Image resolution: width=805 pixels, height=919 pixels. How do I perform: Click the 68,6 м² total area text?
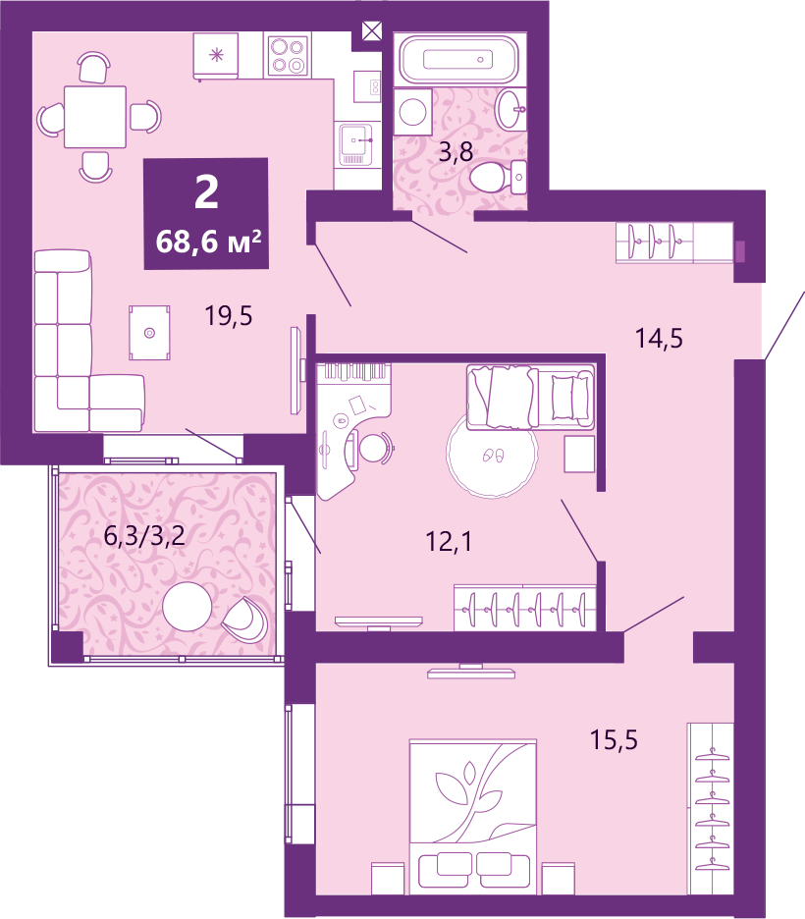pos(208,241)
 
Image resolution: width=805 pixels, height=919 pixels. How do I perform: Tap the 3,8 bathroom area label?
pos(456,152)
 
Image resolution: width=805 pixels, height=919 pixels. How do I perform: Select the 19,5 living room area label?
pos(229,316)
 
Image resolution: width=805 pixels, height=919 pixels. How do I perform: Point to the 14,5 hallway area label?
pos(659,339)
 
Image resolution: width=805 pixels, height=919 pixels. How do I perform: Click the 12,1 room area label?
pos(449,542)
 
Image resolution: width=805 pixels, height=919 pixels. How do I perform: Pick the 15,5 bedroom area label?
pos(614,739)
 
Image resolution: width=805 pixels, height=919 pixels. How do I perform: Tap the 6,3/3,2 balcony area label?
pos(144,535)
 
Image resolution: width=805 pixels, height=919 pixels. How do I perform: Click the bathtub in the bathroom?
pos(458,59)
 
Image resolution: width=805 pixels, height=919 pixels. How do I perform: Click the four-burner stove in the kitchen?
pos(288,56)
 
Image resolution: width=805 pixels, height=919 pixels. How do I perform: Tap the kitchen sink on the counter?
pos(355,143)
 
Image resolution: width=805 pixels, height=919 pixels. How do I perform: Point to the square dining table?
pos(95,117)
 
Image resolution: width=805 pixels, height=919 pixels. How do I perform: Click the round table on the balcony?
pos(187,607)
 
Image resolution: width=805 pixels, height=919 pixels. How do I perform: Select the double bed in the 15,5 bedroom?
pos(473,817)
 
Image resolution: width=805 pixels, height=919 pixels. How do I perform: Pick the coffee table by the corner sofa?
pos(150,332)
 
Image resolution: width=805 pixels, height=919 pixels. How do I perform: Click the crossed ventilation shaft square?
pos(372,30)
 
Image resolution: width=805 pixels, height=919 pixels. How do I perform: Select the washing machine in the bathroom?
pos(413,111)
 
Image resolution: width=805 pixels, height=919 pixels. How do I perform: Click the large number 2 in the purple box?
pos(206,191)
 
